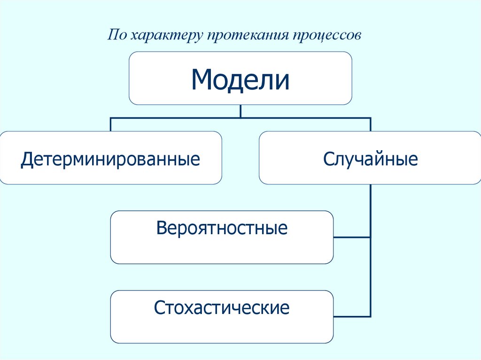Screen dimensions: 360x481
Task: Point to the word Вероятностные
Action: pyautogui.click(x=222, y=229)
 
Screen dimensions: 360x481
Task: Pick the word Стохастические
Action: pyautogui.click(x=222, y=308)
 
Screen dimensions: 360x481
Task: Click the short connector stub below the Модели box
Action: pyautogui.click(x=240, y=111)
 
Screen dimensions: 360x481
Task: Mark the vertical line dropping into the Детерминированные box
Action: pyautogui.click(x=111, y=124)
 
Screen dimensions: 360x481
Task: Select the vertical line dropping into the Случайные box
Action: pyautogui.click(x=371, y=124)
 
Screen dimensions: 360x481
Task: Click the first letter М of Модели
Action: pyautogui.click(x=202, y=80)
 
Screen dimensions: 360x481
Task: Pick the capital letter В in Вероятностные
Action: pyautogui.click(x=162, y=229)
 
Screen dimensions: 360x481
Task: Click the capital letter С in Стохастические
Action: pyautogui.click(x=158, y=308)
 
